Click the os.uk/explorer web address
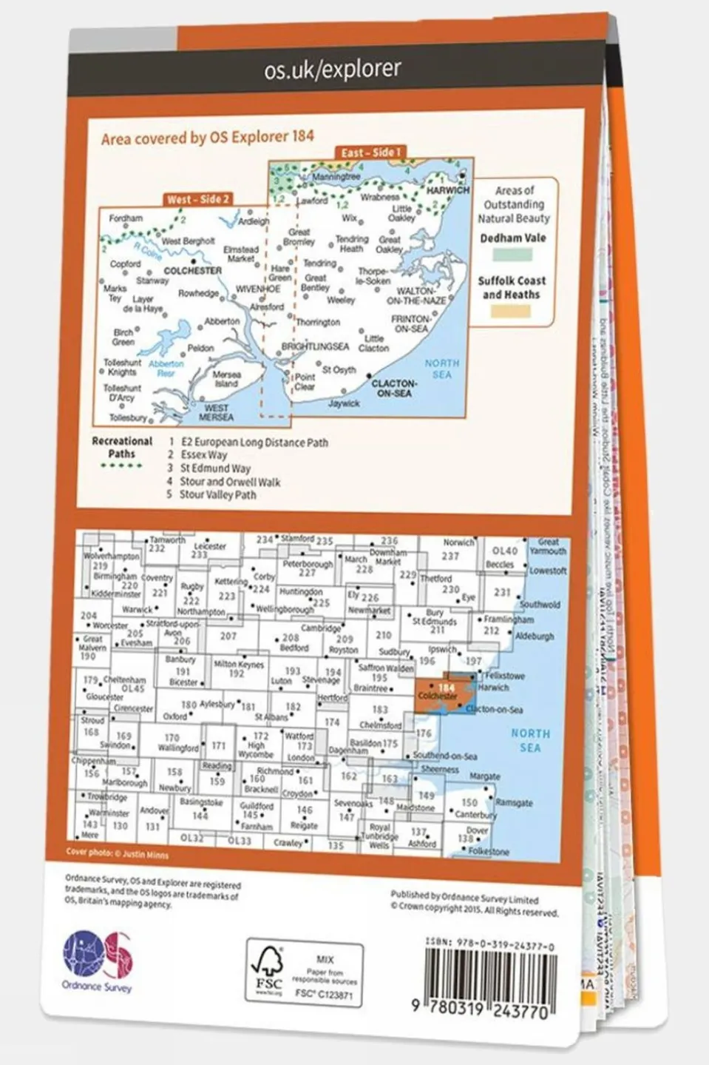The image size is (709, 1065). click(x=332, y=70)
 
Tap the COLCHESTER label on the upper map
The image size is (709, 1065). click(x=192, y=271)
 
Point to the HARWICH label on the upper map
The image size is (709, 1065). click(x=448, y=190)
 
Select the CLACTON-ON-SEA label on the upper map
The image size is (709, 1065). click(x=392, y=388)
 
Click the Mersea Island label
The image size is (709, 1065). click(x=226, y=379)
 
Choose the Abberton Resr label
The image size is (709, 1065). click(x=166, y=368)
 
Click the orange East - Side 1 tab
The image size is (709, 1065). click(x=370, y=152)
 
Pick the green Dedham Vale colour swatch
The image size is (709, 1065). click(x=512, y=255)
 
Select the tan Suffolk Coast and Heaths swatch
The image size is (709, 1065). click(x=512, y=311)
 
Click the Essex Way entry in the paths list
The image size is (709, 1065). click(x=204, y=455)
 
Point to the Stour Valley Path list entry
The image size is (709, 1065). click(x=217, y=494)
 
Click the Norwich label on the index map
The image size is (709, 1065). click(x=458, y=542)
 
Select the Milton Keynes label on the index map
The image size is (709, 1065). click(x=238, y=664)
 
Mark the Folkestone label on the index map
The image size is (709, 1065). click(x=489, y=851)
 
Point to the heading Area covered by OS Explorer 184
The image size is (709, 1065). click(x=207, y=137)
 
